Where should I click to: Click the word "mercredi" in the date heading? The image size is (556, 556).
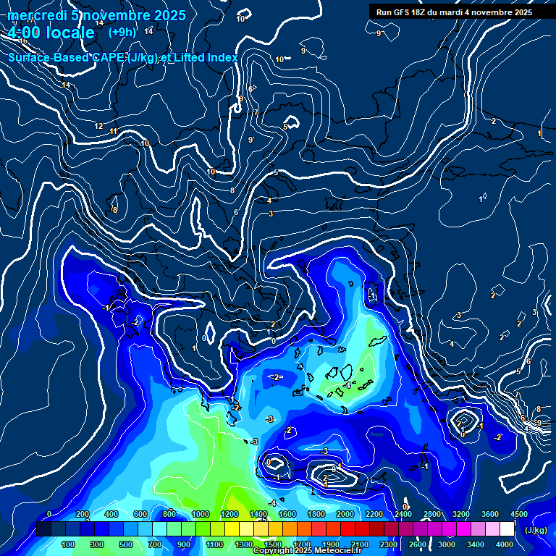click(35, 14)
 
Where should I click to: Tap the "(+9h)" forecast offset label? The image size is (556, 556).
click(122, 32)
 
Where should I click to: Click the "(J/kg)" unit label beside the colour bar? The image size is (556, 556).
click(535, 531)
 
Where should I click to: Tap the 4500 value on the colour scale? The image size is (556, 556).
click(518, 514)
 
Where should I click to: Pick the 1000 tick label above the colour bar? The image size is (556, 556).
click(201, 514)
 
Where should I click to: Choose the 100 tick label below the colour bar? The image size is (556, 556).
click(69, 544)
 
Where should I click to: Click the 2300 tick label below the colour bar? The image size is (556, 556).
click(388, 544)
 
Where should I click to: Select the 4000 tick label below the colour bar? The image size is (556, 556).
click(505, 544)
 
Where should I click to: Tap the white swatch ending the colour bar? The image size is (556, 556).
click(506, 530)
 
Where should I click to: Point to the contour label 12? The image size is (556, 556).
click(98, 126)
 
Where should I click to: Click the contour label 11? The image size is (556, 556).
click(114, 131)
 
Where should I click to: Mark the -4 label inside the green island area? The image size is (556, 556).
click(347, 386)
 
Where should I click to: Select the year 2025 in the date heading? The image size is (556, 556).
click(169, 14)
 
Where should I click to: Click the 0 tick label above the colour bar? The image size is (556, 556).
click(49, 514)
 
